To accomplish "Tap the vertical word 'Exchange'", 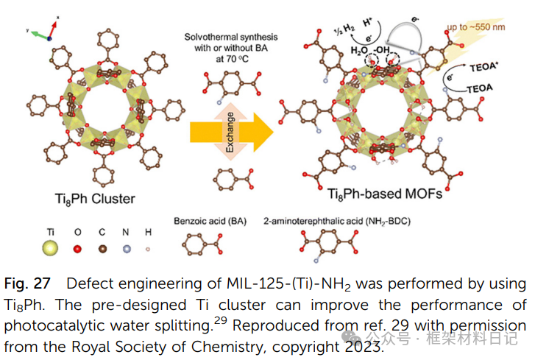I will click(230, 133).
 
